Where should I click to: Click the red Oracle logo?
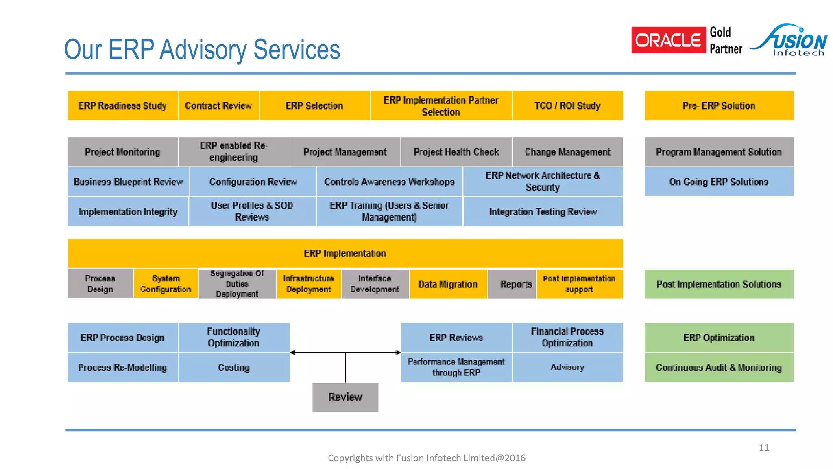click(x=668, y=40)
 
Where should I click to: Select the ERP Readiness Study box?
click(x=122, y=106)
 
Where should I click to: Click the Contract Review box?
click(x=218, y=106)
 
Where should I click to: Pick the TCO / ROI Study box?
click(x=567, y=106)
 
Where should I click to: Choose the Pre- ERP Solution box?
click(x=719, y=106)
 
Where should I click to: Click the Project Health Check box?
click(x=456, y=152)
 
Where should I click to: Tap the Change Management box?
click(x=567, y=152)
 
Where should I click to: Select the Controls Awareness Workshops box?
click(x=389, y=182)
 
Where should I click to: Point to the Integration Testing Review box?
click(x=543, y=212)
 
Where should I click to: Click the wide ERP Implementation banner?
click(x=345, y=253)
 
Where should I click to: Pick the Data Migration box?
click(x=448, y=284)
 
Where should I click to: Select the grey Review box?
click(x=345, y=397)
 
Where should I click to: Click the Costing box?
click(x=233, y=368)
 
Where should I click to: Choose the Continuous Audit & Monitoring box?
click(x=719, y=368)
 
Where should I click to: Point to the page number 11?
click(x=764, y=448)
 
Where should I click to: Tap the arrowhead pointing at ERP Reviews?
click(x=398, y=353)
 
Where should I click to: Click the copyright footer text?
click(x=426, y=458)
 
